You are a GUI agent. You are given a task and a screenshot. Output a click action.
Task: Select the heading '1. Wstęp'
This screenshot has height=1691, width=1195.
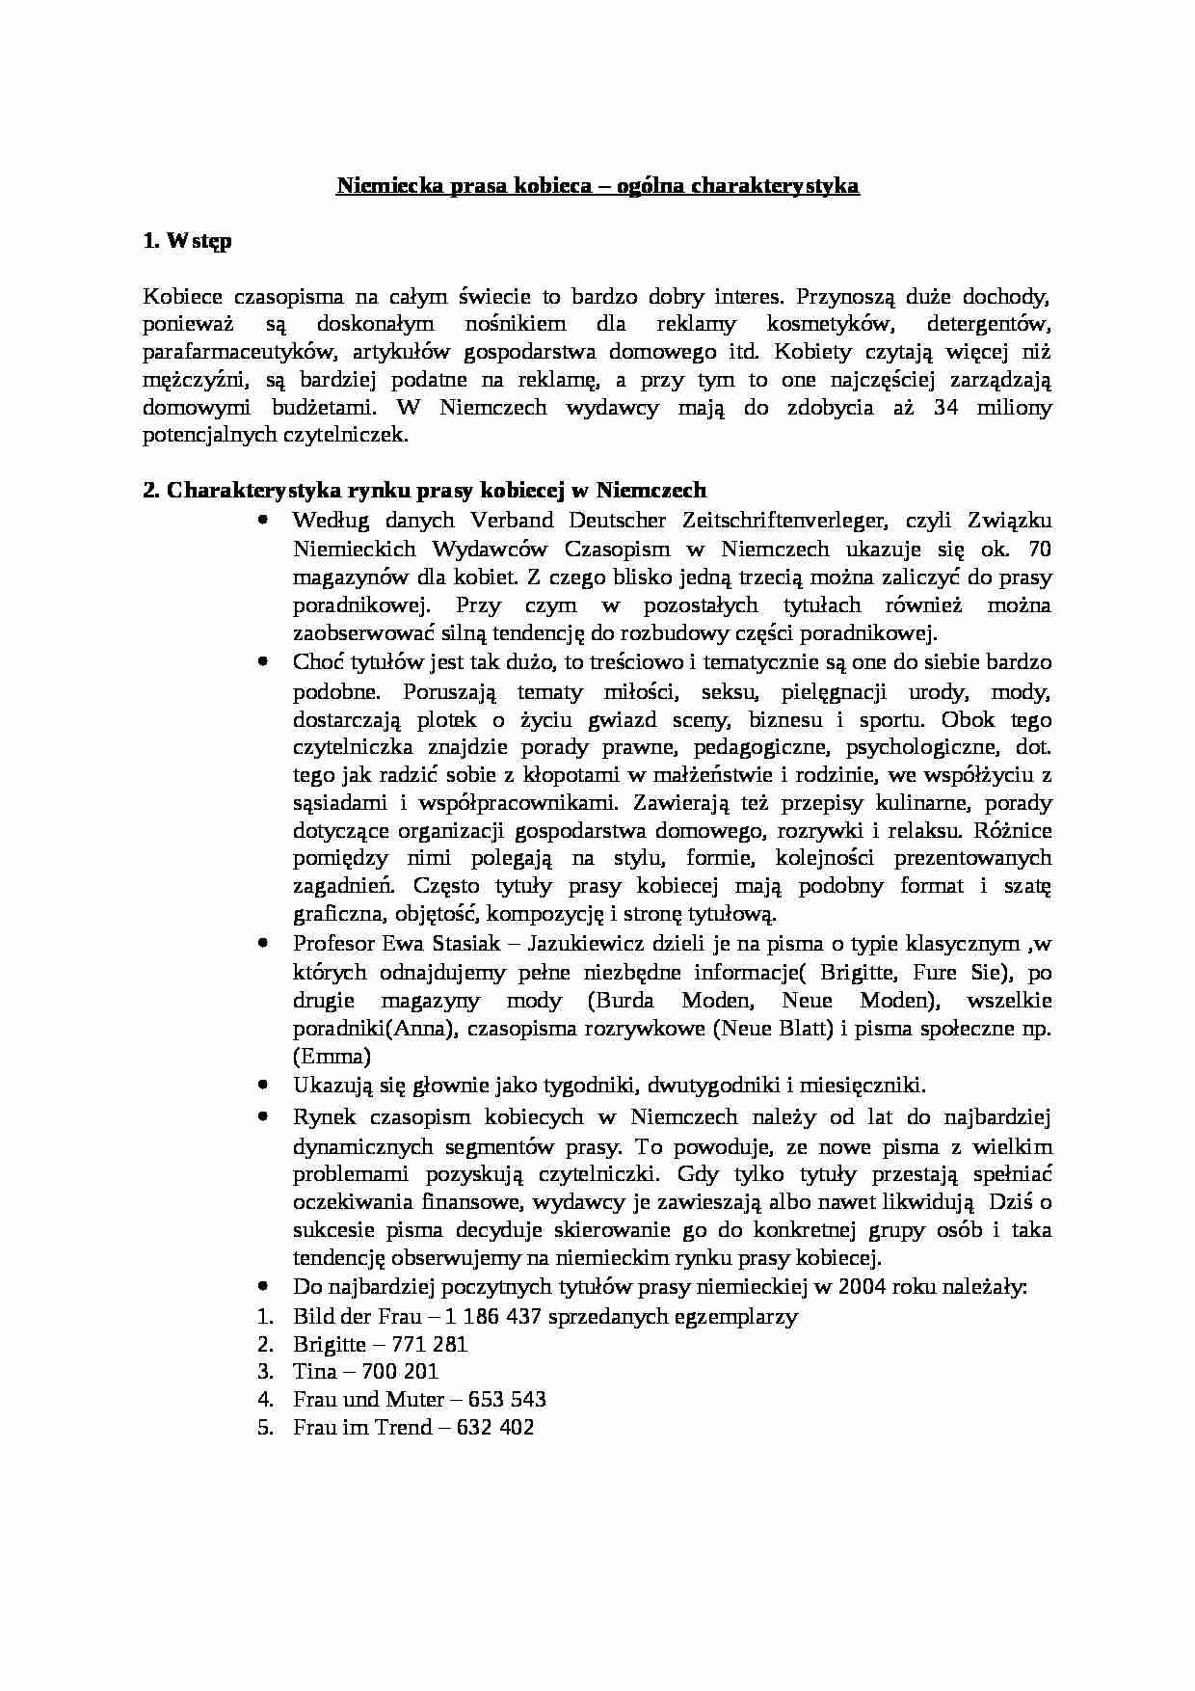(x=187, y=242)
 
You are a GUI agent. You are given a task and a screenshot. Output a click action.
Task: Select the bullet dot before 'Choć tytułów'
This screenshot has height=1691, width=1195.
(x=263, y=662)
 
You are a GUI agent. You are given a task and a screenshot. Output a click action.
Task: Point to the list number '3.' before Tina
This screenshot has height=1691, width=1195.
(x=266, y=1371)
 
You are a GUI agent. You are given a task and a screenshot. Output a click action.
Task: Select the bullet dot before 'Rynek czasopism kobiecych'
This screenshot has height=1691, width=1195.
(x=263, y=1116)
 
